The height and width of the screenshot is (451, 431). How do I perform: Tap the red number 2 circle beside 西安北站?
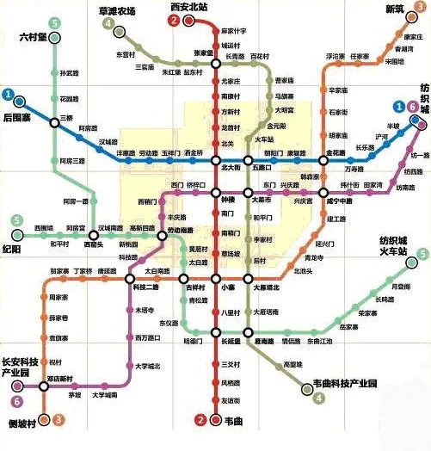(x=173, y=21)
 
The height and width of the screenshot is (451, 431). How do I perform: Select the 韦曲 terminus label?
(x=234, y=421)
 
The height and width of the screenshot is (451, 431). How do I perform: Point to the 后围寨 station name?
(x=17, y=115)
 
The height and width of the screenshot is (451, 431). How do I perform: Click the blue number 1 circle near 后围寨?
(x=9, y=94)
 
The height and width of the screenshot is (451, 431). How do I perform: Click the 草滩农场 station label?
(x=118, y=11)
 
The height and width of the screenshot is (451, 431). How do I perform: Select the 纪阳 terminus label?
(x=12, y=249)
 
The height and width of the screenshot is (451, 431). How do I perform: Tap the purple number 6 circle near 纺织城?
(x=414, y=107)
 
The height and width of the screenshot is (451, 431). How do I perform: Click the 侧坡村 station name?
(x=22, y=423)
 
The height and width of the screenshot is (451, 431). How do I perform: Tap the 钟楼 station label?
(x=228, y=195)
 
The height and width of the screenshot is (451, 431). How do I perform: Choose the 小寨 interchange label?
(x=227, y=288)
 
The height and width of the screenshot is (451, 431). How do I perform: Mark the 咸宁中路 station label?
(x=339, y=201)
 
